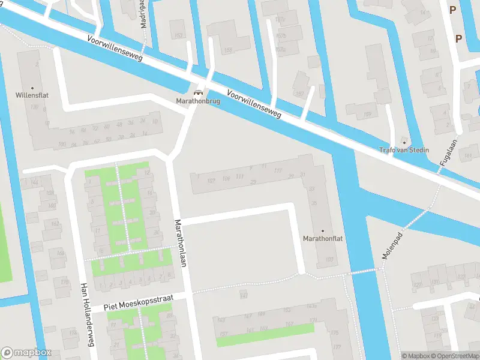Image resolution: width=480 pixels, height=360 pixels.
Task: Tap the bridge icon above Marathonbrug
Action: pos(197,92)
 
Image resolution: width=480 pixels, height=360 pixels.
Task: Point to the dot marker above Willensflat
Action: pos(33,87)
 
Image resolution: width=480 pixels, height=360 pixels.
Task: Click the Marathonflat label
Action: pos(322,238)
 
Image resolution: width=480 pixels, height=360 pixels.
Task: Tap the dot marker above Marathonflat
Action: pos(322,230)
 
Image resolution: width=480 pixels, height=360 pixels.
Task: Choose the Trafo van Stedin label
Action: pos(403,149)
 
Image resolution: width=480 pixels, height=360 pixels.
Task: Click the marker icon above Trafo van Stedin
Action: pos(403,142)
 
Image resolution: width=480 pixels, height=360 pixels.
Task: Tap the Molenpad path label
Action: pos(391,246)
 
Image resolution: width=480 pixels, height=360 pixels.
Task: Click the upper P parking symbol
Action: pos(451,9)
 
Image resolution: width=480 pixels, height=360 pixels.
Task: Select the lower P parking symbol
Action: pos(458,38)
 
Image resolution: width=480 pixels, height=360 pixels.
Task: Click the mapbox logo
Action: pos(26,353)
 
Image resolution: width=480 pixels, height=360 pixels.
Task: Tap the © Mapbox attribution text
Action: pos(416,356)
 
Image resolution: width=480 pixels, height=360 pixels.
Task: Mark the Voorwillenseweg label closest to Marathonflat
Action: pos(254,104)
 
